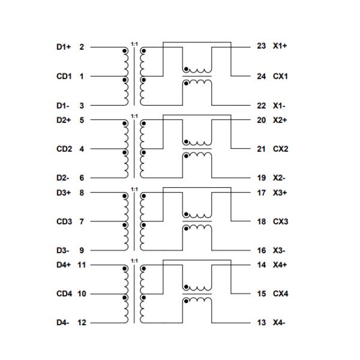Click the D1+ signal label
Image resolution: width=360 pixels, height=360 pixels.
[64, 47]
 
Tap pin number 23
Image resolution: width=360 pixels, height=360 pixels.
[261, 46]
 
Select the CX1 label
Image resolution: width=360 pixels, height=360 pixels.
[280, 76]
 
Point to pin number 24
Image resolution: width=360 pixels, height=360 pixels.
[261, 76]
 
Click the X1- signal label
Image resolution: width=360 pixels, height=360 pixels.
[279, 106]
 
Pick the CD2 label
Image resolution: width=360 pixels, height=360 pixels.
[64, 149]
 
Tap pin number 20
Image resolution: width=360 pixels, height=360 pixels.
[261, 120]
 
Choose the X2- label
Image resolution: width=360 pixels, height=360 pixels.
[279, 178]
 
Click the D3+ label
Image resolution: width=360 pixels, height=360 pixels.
[64, 193]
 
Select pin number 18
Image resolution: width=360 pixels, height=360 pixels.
[261, 221]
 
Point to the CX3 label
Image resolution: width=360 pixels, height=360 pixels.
[280, 221]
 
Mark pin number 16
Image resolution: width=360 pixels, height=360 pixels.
[261, 250]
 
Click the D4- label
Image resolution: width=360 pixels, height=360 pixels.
[62, 323]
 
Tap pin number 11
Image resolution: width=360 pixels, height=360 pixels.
[82, 265]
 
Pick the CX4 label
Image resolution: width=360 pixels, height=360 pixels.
[280, 293]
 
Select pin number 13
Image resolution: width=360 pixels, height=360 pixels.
[261, 323]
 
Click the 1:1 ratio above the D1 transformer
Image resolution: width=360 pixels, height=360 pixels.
[134, 44]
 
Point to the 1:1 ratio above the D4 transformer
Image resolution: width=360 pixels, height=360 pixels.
[134, 261]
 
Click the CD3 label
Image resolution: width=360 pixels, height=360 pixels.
[64, 221]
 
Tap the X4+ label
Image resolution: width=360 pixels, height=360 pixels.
[280, 265]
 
